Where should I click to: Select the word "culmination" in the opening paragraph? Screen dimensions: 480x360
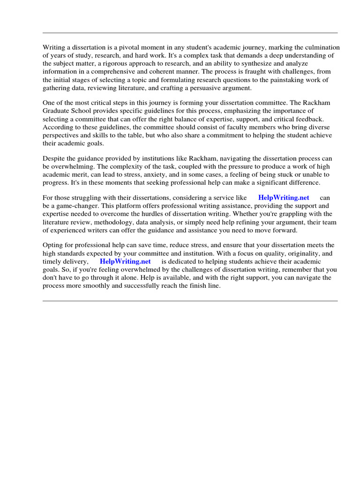pos(322,47)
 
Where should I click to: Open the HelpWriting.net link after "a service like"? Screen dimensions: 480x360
pos(284,198)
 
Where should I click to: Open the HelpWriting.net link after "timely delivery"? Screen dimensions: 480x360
pos(125,261)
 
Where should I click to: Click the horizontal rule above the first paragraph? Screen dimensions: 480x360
pos(190,33)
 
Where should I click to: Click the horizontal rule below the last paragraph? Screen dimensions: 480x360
pos(190,301)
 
